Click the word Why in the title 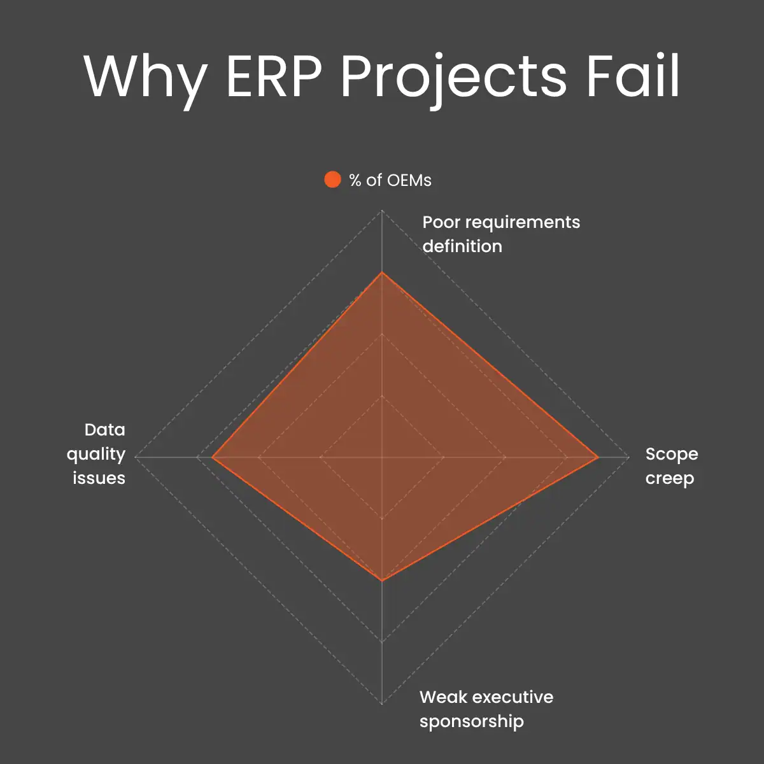145,78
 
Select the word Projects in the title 453,78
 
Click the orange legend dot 332,180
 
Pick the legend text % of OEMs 390,180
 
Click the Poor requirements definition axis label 501,234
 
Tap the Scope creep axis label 671,466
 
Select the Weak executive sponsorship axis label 486,709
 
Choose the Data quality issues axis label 97,454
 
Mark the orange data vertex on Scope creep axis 598,457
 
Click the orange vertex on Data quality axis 212,457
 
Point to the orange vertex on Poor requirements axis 382,272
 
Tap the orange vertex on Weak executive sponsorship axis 382,581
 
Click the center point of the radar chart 382,457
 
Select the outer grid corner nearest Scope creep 628,457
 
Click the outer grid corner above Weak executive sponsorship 382,704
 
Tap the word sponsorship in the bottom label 472,722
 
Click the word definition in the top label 462,246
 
